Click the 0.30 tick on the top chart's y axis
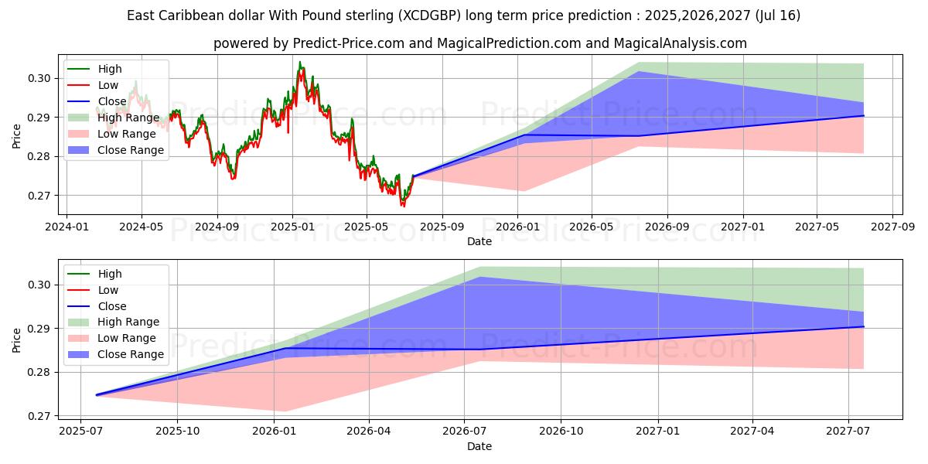click(x=41, y=78)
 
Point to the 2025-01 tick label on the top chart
click(x=292, y=227)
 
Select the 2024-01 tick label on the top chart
click(x=67, y=227)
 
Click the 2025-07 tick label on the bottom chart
click(x=81, y=432)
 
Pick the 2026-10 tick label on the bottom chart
click(x=561, y=432)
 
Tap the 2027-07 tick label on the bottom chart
click(x=848, y=432)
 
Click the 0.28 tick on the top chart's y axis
click(x=41, y=156)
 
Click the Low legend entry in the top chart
click(x=107, y=85)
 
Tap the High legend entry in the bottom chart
click(x=109, y=274)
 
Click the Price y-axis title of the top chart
click(x=17, y=137)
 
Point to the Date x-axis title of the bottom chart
click(x=479, y=446)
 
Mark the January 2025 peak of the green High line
click(x=299, y=62)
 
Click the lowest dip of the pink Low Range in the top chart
click(x=524, y=191)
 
